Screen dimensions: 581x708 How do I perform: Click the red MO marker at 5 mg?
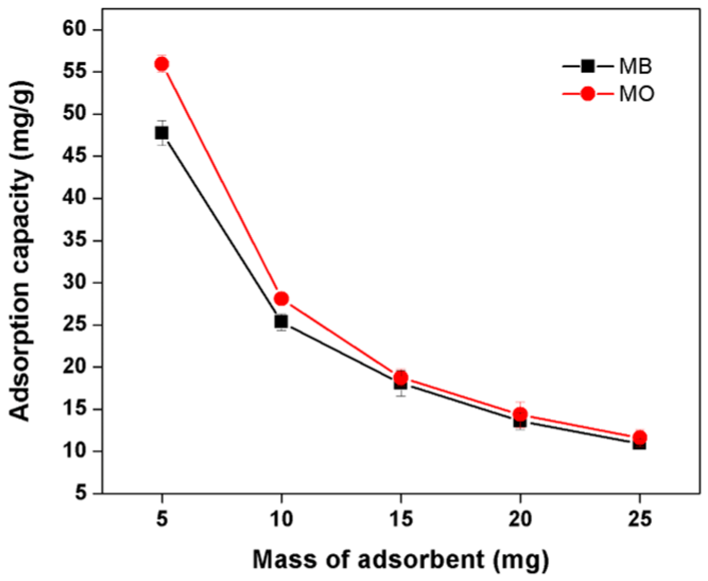(x=162, y=64)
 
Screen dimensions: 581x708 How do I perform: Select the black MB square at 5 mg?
(x=162, y=133)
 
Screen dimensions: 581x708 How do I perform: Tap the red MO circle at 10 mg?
(x=281, y=299)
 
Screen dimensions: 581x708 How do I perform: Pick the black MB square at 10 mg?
(x=281, y=321)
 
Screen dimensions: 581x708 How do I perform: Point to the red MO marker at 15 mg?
(x=401, y=378)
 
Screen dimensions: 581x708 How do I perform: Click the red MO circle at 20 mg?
(x=520, y=414)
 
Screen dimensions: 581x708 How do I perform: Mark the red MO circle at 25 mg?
(x=640, y=437)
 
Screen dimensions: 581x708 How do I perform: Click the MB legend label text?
(x=635, y=66)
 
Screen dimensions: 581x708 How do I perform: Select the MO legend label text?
(x=637, y=94)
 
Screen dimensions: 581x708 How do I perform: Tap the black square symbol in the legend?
(x=588, y=66)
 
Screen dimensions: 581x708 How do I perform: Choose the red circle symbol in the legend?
(x=588, y=94)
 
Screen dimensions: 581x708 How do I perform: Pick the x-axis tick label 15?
(x=401, y=519)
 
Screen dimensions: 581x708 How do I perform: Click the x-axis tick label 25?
(x=640, y=519)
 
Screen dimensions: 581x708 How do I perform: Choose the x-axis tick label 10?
(x=281, y=519)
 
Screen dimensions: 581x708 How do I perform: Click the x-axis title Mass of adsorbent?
(x=401, y=560)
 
